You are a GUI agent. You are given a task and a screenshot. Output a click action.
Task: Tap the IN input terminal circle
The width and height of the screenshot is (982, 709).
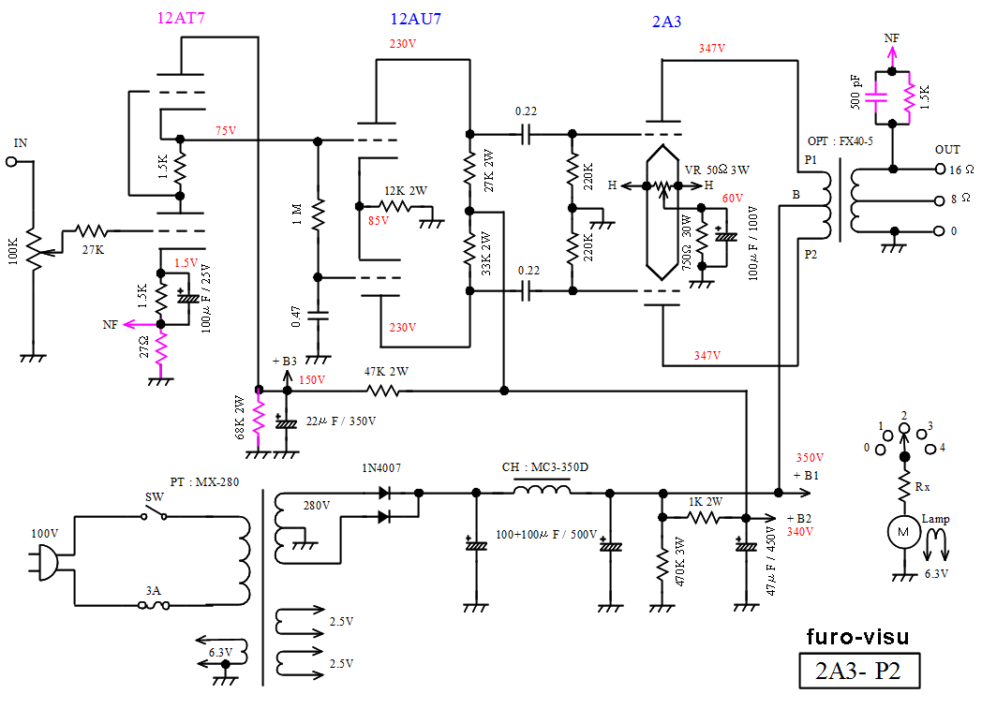point(12,162)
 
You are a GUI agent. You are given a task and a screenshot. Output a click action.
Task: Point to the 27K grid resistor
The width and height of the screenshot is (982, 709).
point(92,229)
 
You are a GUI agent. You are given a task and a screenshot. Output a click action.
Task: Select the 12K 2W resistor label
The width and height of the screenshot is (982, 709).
point(405,190)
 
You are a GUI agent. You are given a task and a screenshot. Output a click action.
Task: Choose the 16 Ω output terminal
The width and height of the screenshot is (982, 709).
point(941,170)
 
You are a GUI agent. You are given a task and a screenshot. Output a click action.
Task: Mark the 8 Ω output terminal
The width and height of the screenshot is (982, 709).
point(941,199)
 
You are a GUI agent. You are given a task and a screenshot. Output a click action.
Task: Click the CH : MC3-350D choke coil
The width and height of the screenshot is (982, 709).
point(543,491)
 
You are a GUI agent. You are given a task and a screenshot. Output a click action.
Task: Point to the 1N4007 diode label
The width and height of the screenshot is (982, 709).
point(381,466)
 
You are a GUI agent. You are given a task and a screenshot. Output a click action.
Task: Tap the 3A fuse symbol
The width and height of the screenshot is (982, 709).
point(155,606)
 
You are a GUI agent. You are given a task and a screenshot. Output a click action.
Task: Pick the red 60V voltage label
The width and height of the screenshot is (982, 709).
point(732,199)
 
